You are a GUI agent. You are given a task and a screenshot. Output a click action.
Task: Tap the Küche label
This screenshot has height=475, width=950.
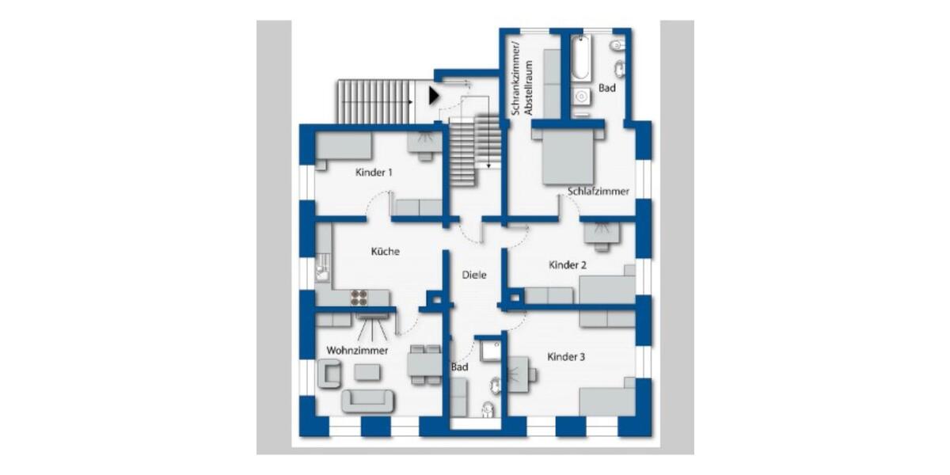pyautogui.click(x=386, y=252)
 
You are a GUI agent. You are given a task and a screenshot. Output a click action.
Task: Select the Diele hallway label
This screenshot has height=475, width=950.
pyautogui.click(x=474, y=275)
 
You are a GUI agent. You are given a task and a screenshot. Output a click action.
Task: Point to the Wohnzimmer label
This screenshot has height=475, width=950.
pyautogui.click(x=357, y=349)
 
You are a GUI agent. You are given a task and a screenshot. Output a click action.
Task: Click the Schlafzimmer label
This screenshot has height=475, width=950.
pyautogui.click(x=598, y=192)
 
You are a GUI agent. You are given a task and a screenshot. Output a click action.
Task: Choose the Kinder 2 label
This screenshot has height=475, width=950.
pyautogui.click(x=568, y=265)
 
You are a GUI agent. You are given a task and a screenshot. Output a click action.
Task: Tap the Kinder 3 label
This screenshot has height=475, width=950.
pyautogui.click(x=566, y=357)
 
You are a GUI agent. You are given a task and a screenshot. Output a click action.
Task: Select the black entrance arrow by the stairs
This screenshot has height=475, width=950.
pyautogui.click(x=432, y=96)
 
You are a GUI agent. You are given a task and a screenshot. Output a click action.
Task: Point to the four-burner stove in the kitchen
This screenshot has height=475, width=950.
pyautogui.click(x=359, y=298)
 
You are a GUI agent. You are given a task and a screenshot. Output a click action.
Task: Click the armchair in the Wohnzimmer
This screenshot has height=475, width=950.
pyautogui.click(x=329, y=373)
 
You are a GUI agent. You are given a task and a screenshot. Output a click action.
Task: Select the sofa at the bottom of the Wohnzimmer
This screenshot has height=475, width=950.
pyautogui.click(x=367, y=401)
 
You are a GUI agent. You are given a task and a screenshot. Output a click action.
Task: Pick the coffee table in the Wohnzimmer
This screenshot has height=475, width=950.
pyautogui.click(x=367, y=371)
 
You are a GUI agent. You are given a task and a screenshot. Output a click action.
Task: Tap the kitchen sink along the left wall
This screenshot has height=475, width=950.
pyautogui.click(x=322, y=270)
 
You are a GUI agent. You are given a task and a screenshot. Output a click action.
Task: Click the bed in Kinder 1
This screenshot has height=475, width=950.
pyautogui.click(x=344, y=147)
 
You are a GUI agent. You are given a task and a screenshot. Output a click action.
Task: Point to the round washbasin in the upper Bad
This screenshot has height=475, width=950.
pyautogui.click(x=581, y=97)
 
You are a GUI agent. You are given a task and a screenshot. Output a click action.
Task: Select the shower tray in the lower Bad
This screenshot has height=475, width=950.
pyautogui.click(x=489, y=351)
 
